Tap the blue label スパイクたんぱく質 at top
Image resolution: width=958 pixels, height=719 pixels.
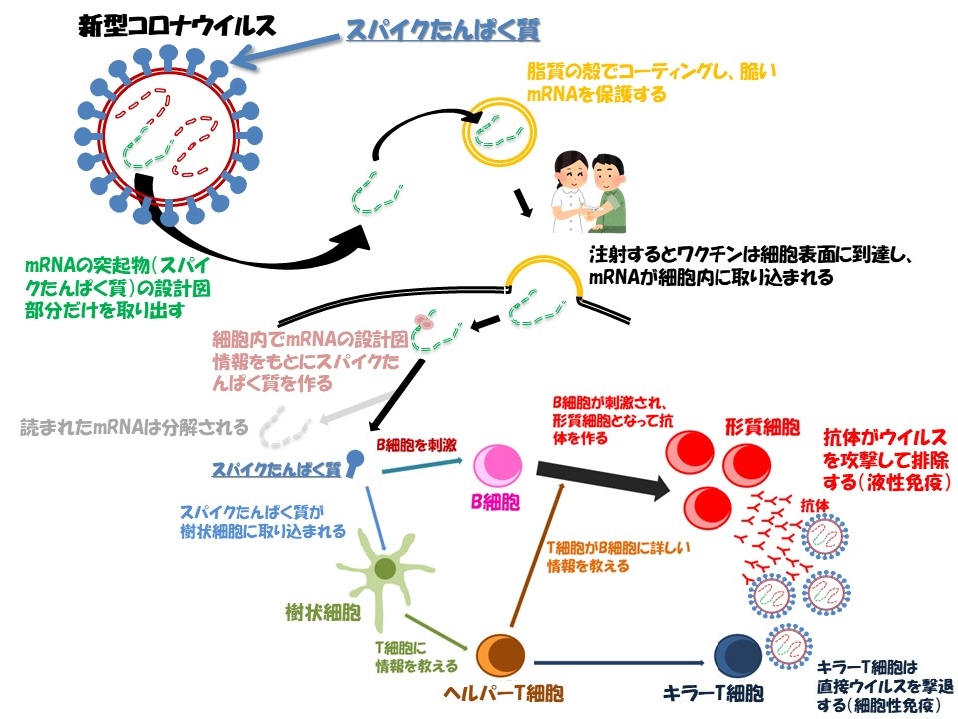coord(443,31)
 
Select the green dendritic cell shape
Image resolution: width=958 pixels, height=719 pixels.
coord(385,571)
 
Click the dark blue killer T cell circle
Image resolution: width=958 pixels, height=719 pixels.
coord(738,656)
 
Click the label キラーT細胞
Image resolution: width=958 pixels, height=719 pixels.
coord(715,693)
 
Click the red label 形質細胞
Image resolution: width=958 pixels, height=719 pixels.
coord(763,427)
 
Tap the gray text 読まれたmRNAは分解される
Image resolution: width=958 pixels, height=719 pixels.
coord(134,429)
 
